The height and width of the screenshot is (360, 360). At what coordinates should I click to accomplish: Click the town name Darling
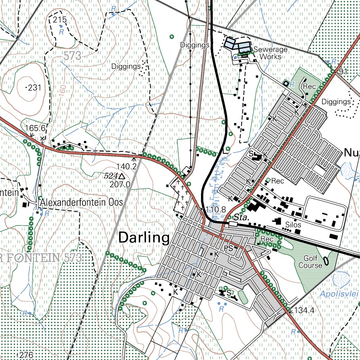[144, 238]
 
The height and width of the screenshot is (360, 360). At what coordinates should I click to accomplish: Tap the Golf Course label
[310, 262]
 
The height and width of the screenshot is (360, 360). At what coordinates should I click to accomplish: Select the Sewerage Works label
[270, 53]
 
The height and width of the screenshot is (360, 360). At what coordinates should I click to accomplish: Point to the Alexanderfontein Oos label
[81, 202]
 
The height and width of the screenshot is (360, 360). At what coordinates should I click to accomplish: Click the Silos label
[293, 225]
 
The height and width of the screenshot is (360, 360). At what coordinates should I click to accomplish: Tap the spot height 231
[34, 88]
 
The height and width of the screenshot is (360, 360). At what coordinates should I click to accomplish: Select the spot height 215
[60, 20]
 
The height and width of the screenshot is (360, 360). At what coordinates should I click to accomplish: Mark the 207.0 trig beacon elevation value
[120, 184]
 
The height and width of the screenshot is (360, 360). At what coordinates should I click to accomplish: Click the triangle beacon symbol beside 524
[122, 176]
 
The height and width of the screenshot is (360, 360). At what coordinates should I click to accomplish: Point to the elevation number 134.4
[304, 310]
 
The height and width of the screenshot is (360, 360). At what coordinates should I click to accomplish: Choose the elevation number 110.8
[216, 210]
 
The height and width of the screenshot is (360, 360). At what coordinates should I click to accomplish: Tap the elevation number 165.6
[35, 128]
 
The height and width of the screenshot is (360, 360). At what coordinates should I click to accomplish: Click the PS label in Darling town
[229, 249]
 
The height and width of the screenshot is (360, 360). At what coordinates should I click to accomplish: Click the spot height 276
[26, 355]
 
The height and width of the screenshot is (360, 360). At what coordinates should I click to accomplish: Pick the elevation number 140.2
[127, 166]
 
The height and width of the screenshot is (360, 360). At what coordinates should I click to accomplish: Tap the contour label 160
[62, 91]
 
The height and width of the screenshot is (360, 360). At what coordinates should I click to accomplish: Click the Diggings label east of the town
[336, 102]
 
